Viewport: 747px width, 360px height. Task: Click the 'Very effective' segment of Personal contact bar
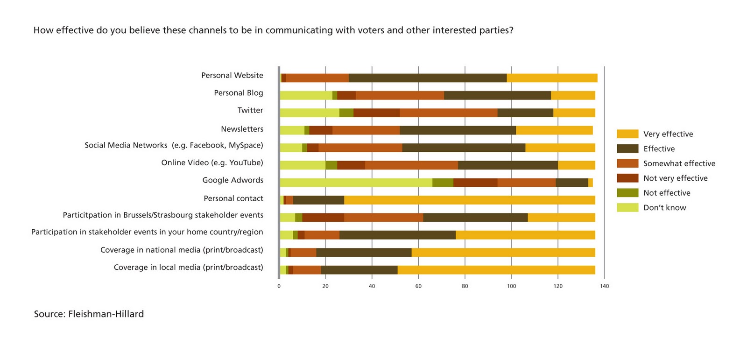(x=470, y=200)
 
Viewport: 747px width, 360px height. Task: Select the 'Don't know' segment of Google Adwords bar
(x=356, y=183)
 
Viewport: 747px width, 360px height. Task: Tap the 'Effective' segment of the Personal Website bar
(x=428, y=78)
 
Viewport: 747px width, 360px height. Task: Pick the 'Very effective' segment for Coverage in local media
(x=496, y=270)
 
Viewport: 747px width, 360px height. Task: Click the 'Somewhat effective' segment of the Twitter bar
(x=449, y=113)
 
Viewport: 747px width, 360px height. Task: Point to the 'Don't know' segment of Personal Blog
(x=306, y=95)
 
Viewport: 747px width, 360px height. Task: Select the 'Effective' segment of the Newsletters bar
(x=458, y=130)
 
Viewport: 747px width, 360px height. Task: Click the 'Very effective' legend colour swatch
(x=627, y=134)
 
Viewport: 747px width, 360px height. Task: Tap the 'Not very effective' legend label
(x=675, y=178)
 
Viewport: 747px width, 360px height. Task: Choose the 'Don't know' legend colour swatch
(x=627, y=207)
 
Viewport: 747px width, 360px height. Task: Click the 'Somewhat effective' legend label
(x=679, y=163)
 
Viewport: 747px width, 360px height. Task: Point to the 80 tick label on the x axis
(x=465, y=286)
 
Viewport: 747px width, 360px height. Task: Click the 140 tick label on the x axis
(x=604, y=286)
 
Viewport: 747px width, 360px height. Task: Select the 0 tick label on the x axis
(x=279, y=286)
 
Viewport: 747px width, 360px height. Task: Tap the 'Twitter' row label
(x=250, y=111)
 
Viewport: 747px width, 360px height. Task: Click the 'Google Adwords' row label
(x=233, y=180)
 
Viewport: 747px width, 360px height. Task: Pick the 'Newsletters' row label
(x=242, y=129)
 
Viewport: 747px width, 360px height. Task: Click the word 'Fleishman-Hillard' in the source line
(x=106, y=314)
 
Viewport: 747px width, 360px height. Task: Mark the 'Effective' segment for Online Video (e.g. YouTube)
(x=508, y=165)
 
